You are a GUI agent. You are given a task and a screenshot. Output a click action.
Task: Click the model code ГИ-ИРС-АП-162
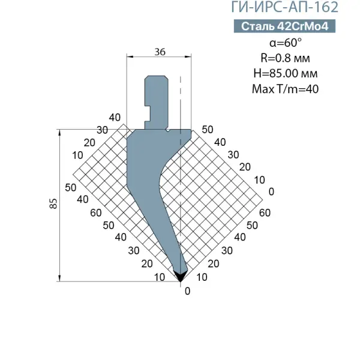284,7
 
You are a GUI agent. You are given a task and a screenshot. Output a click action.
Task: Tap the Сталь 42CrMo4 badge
284,26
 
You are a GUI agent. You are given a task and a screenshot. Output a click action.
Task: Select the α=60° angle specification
286,43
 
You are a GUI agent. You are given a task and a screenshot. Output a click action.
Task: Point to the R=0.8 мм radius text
285,58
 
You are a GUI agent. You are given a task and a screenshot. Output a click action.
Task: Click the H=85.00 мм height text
286,73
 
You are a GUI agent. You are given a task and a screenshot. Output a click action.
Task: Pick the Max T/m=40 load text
285,89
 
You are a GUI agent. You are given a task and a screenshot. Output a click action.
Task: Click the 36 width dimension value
160,52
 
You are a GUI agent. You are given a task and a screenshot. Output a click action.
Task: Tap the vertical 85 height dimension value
53,203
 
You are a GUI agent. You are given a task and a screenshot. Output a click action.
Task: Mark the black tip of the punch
180,276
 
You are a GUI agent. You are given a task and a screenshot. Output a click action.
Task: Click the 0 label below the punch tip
187,291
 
